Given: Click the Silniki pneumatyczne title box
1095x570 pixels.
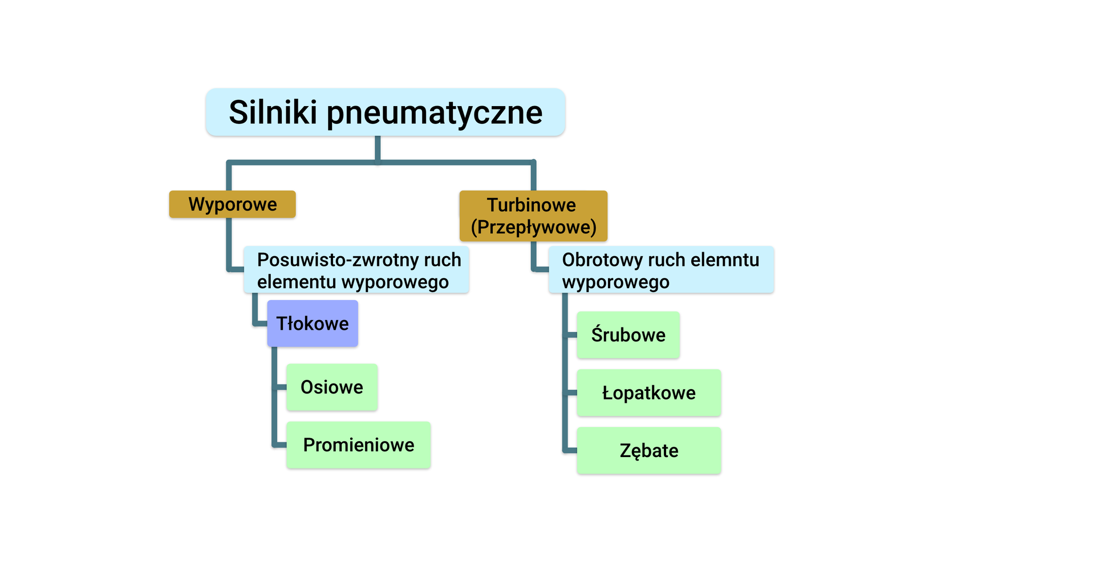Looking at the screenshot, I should [x=386, y=112].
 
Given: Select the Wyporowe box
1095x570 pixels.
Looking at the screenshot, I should [x=232, y=204].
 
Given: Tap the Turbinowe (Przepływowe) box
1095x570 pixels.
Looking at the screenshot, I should [x=533, y=216].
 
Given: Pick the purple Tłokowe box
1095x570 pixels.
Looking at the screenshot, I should [x=313, y=324].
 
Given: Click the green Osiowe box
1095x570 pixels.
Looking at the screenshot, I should [x=331, y=387].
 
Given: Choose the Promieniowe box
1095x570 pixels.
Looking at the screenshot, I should [x=358, y=445].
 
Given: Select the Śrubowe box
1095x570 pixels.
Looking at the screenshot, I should [x=628, y=335].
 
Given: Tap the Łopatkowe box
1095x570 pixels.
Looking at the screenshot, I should [x=648, y=393].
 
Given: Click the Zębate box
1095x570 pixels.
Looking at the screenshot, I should [x=648, y=451].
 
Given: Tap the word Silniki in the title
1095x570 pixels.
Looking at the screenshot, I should [x=273, y=112].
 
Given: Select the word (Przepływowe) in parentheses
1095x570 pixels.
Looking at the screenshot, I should [x=533, y=227].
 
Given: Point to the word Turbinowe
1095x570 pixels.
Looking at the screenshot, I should [x=531, y=205].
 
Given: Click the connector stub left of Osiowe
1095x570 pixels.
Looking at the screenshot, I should [x=281, y=387].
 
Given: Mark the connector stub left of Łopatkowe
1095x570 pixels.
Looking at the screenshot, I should [x=571, y=393].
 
